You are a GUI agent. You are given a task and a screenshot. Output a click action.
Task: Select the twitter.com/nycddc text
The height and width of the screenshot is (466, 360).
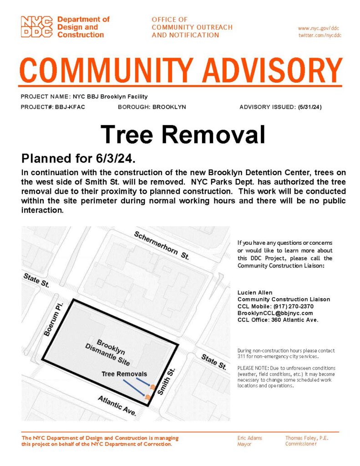click(320, 35)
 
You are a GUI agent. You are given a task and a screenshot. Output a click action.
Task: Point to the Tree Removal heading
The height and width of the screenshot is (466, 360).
click(183, 134)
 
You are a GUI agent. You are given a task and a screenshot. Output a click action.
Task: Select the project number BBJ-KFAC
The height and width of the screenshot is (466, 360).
click(71, 107)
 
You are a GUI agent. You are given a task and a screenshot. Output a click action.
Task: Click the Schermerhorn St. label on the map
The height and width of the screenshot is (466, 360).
click(162, 246)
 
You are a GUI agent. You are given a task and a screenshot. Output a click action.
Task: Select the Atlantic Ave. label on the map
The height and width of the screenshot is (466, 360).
click(117, 405)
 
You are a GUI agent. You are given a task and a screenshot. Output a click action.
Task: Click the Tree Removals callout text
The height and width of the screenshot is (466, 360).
click(124, 374)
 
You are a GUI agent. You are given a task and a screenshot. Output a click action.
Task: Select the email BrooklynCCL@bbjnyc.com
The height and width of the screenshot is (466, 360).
click(275, 313)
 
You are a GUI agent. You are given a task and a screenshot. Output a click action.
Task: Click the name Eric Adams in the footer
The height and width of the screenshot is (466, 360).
click(250, 438)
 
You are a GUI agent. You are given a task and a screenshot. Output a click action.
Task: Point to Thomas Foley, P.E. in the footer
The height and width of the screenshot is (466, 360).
click(307, 438)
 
